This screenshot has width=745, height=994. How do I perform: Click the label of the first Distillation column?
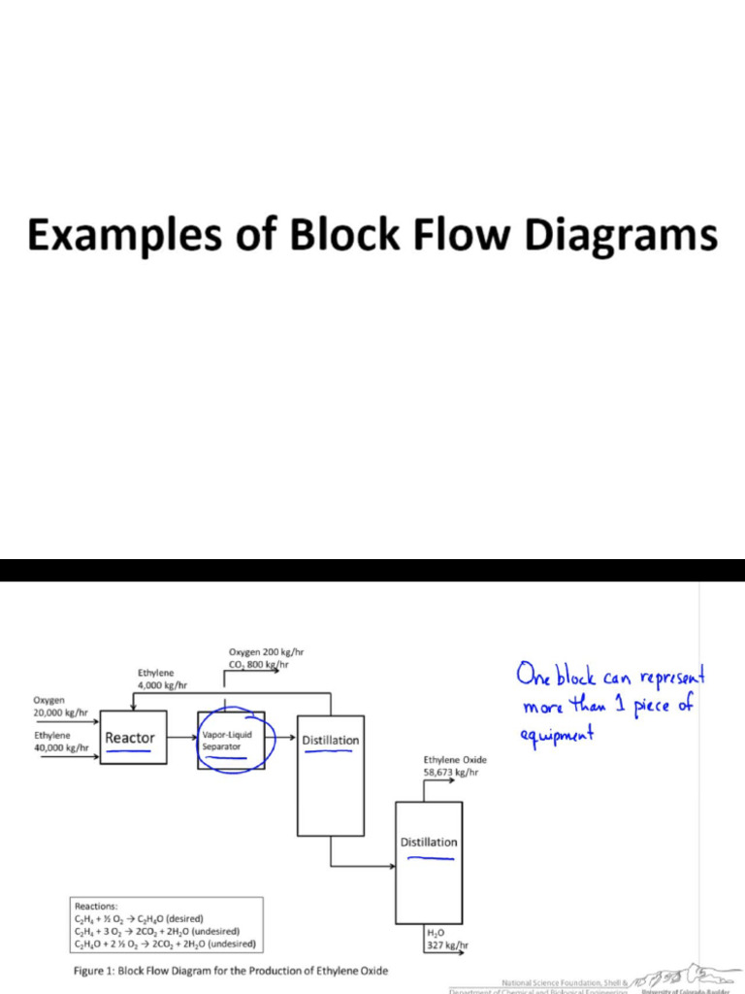tap(330, 741)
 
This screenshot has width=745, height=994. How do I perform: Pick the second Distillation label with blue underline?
tap(429, 842)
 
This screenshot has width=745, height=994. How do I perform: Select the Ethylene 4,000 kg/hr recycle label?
tap(162, 679)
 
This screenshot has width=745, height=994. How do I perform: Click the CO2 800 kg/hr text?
tap(258, 666)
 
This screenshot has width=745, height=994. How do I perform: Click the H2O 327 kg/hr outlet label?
tap(447, 939)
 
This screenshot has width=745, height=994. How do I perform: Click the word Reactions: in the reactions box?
tap(96, 905)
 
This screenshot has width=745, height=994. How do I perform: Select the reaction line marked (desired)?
tap(139, 917)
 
